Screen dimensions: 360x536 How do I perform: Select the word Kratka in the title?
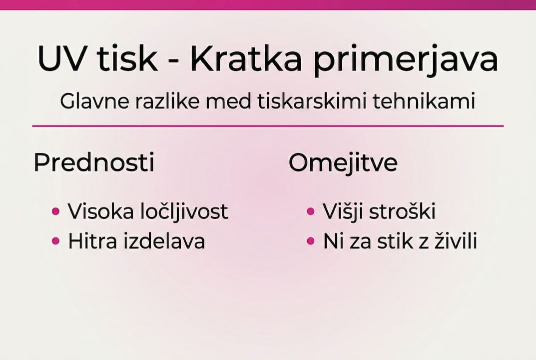tap(246, 59)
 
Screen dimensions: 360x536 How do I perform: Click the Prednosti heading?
tap(94, 163)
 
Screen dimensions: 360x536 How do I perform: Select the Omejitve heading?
tap(343, 163)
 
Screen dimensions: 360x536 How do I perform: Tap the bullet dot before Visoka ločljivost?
tap(56, 211)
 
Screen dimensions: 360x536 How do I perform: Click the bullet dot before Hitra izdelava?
tap(56, 241)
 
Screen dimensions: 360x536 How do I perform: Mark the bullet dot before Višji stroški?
tap(311, 211)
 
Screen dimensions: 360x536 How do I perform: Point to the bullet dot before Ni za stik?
tap(311, 241)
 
